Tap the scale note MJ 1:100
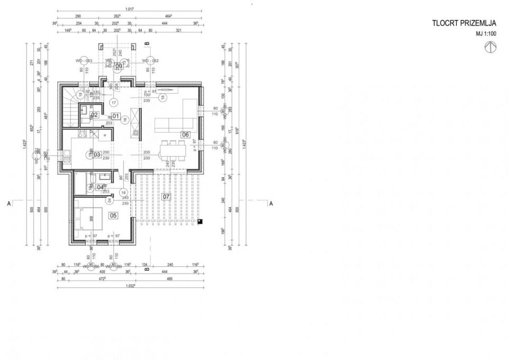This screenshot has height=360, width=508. [486, 34]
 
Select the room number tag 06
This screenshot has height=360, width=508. [186, 134]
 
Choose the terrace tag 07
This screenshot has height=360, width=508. [166, 197]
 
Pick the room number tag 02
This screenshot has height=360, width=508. [95, 114]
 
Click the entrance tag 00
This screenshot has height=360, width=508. [119, 66]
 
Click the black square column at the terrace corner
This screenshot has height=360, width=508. [199, 222]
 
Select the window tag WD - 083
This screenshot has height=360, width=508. [84, 61]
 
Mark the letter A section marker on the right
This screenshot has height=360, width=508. [270, 203]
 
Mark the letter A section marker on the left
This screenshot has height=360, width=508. [9, 203]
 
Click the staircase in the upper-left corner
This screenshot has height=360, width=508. [71, 107]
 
